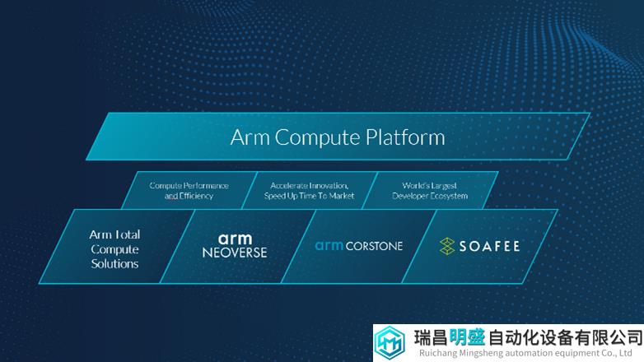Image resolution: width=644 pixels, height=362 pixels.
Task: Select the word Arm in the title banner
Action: click(250, 137)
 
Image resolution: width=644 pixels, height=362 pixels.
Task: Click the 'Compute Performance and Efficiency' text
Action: click(189, 191)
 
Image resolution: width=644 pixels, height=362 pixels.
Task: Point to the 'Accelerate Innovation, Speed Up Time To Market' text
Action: click(310, 191)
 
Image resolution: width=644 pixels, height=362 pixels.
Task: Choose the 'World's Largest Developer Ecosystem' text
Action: click(430, 191)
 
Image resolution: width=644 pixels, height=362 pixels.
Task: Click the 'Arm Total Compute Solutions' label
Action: click(114, 249)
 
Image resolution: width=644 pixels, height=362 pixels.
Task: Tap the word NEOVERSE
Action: click(235, 253)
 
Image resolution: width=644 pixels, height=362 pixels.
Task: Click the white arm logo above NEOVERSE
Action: click(235, 239)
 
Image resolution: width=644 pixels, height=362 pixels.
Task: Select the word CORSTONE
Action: click(374, 246)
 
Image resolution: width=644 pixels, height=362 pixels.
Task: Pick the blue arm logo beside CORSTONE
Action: click(329, 245)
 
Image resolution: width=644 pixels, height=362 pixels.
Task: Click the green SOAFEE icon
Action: click(447, 246)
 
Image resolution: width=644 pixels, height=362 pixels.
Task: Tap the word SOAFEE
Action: click(489, 246)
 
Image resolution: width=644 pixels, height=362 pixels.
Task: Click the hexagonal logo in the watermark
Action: click(390, 343)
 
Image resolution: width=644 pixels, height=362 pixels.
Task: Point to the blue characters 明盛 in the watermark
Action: click(467, 338)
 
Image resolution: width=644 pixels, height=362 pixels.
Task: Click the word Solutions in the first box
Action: click(114, 263)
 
